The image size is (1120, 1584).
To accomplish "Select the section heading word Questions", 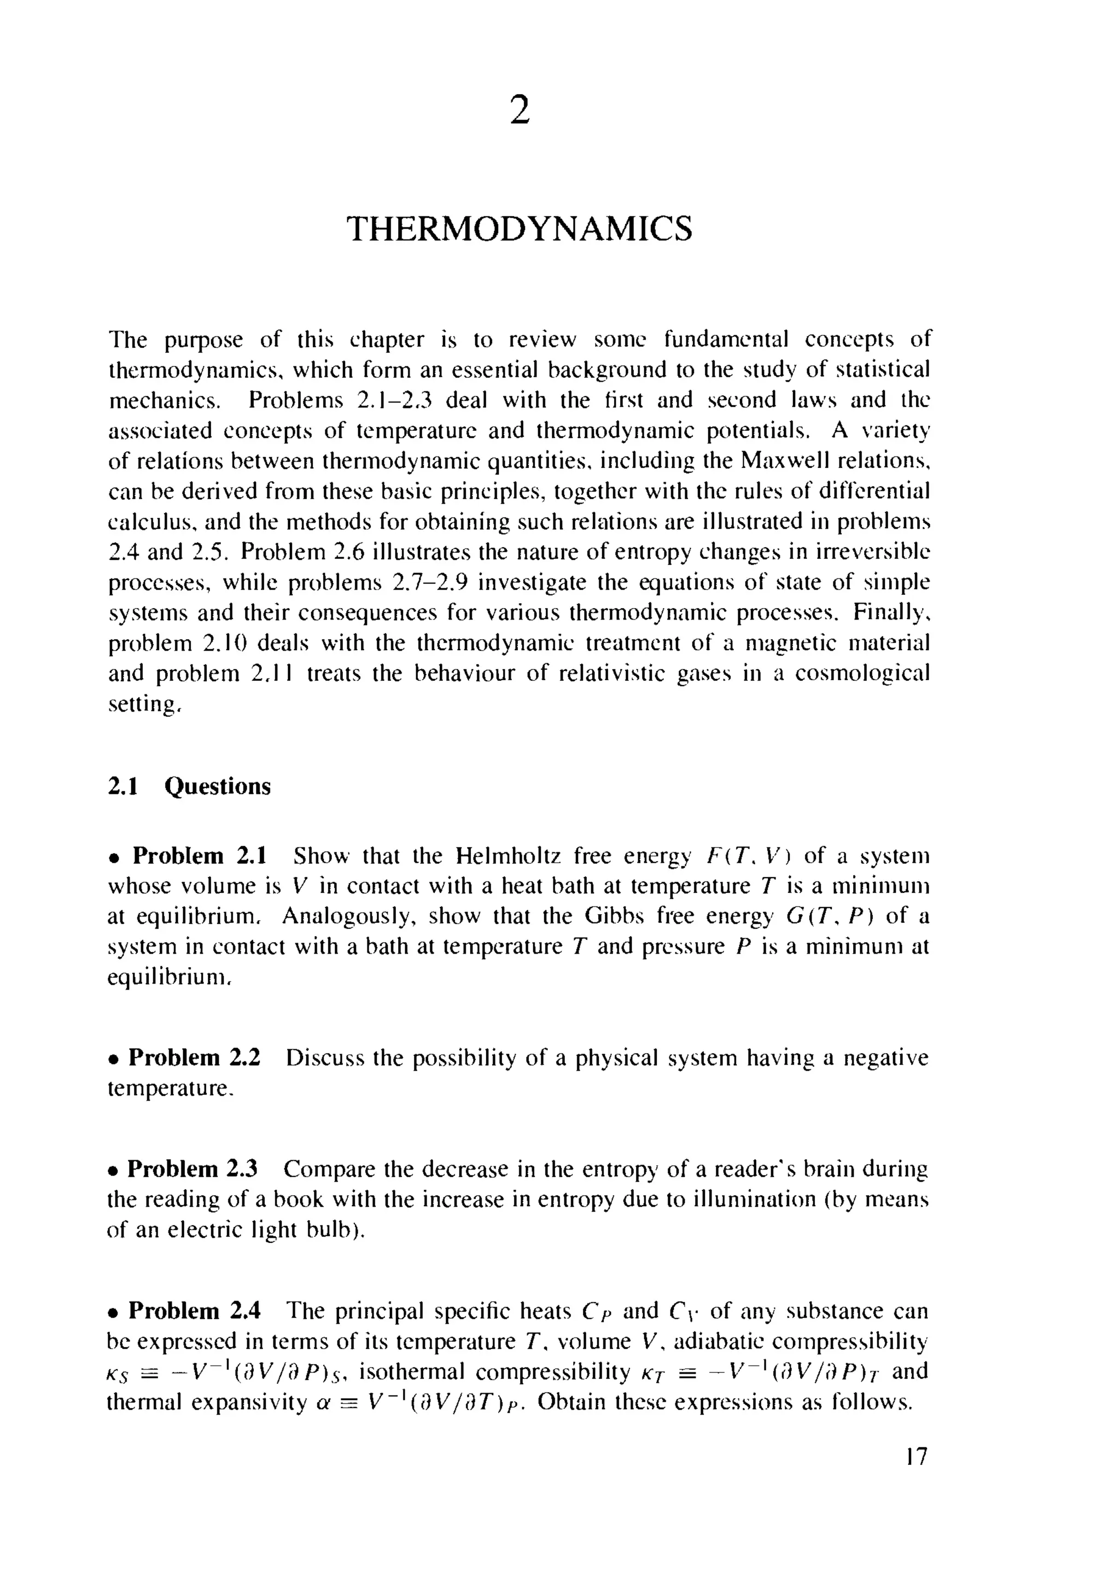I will coord(217,786).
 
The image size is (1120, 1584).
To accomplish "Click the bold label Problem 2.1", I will coord(199,856).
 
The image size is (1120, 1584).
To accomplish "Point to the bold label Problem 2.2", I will coord(195,1057).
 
